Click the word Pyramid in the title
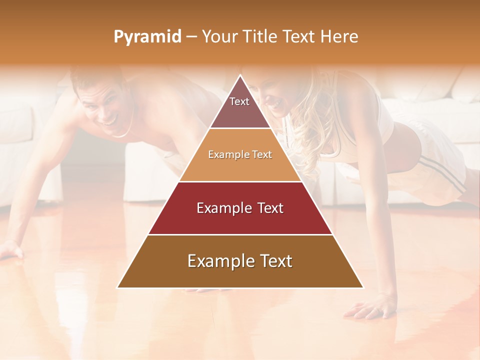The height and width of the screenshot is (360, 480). [147, 37]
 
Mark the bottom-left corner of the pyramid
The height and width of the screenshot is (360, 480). [117, 287]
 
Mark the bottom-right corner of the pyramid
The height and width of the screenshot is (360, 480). [363, 287]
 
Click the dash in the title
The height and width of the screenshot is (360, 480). [191, 37]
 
